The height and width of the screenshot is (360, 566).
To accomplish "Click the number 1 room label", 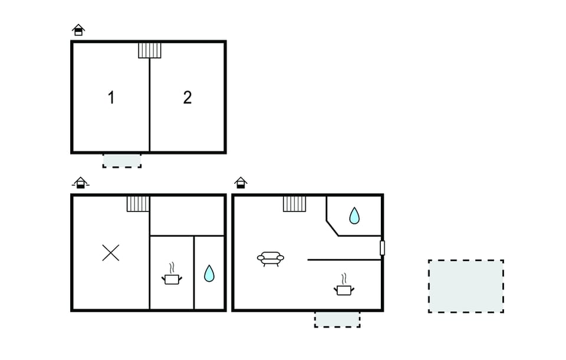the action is pyautogui.click(x=111, y=97).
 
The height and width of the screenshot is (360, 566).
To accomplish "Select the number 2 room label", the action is pyautogui.click(x=187, y=97).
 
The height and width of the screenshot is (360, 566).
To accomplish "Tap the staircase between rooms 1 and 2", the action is pyautogui.click(x=149, y=50).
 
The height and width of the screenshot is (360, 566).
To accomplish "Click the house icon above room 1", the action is pyautogui.click(x=78, y=30).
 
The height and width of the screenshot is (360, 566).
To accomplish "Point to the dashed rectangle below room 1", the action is pyautogui.click(x=122, y=160).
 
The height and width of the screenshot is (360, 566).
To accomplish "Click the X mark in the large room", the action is pyautogui.click(x=110, y=253).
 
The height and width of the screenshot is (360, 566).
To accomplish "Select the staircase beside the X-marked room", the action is pyautogui.click(x=138, y=204).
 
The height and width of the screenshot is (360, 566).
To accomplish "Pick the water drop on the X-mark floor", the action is pyautogui.click(x=209, y=273).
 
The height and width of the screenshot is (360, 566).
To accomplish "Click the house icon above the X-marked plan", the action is pyautogui.click(x=81, y=183).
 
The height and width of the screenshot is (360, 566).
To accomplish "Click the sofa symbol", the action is pyautogui.click(x=271, y=259).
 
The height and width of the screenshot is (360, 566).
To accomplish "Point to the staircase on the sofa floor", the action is pyautogui.click(x=294, y=204).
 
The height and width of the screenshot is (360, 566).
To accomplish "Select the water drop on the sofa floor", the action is pyautogui.click(x=354, y=216).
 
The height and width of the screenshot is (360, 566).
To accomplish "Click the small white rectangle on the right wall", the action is pyautogui.click(x=382, y=248).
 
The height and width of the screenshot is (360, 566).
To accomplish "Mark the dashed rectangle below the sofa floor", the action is pyautogui.click(x=337, y=319).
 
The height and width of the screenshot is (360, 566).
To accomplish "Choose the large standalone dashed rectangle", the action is pyautogui.click(x=466, y=286).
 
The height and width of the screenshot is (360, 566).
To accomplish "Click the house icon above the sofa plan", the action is pyautogui.click(x=241, y=183).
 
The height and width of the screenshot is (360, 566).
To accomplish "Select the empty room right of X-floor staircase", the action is pyautogui.click(x=187, y=216).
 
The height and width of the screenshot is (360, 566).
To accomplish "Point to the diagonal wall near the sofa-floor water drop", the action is pyautogui.click(x=333, y=229).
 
